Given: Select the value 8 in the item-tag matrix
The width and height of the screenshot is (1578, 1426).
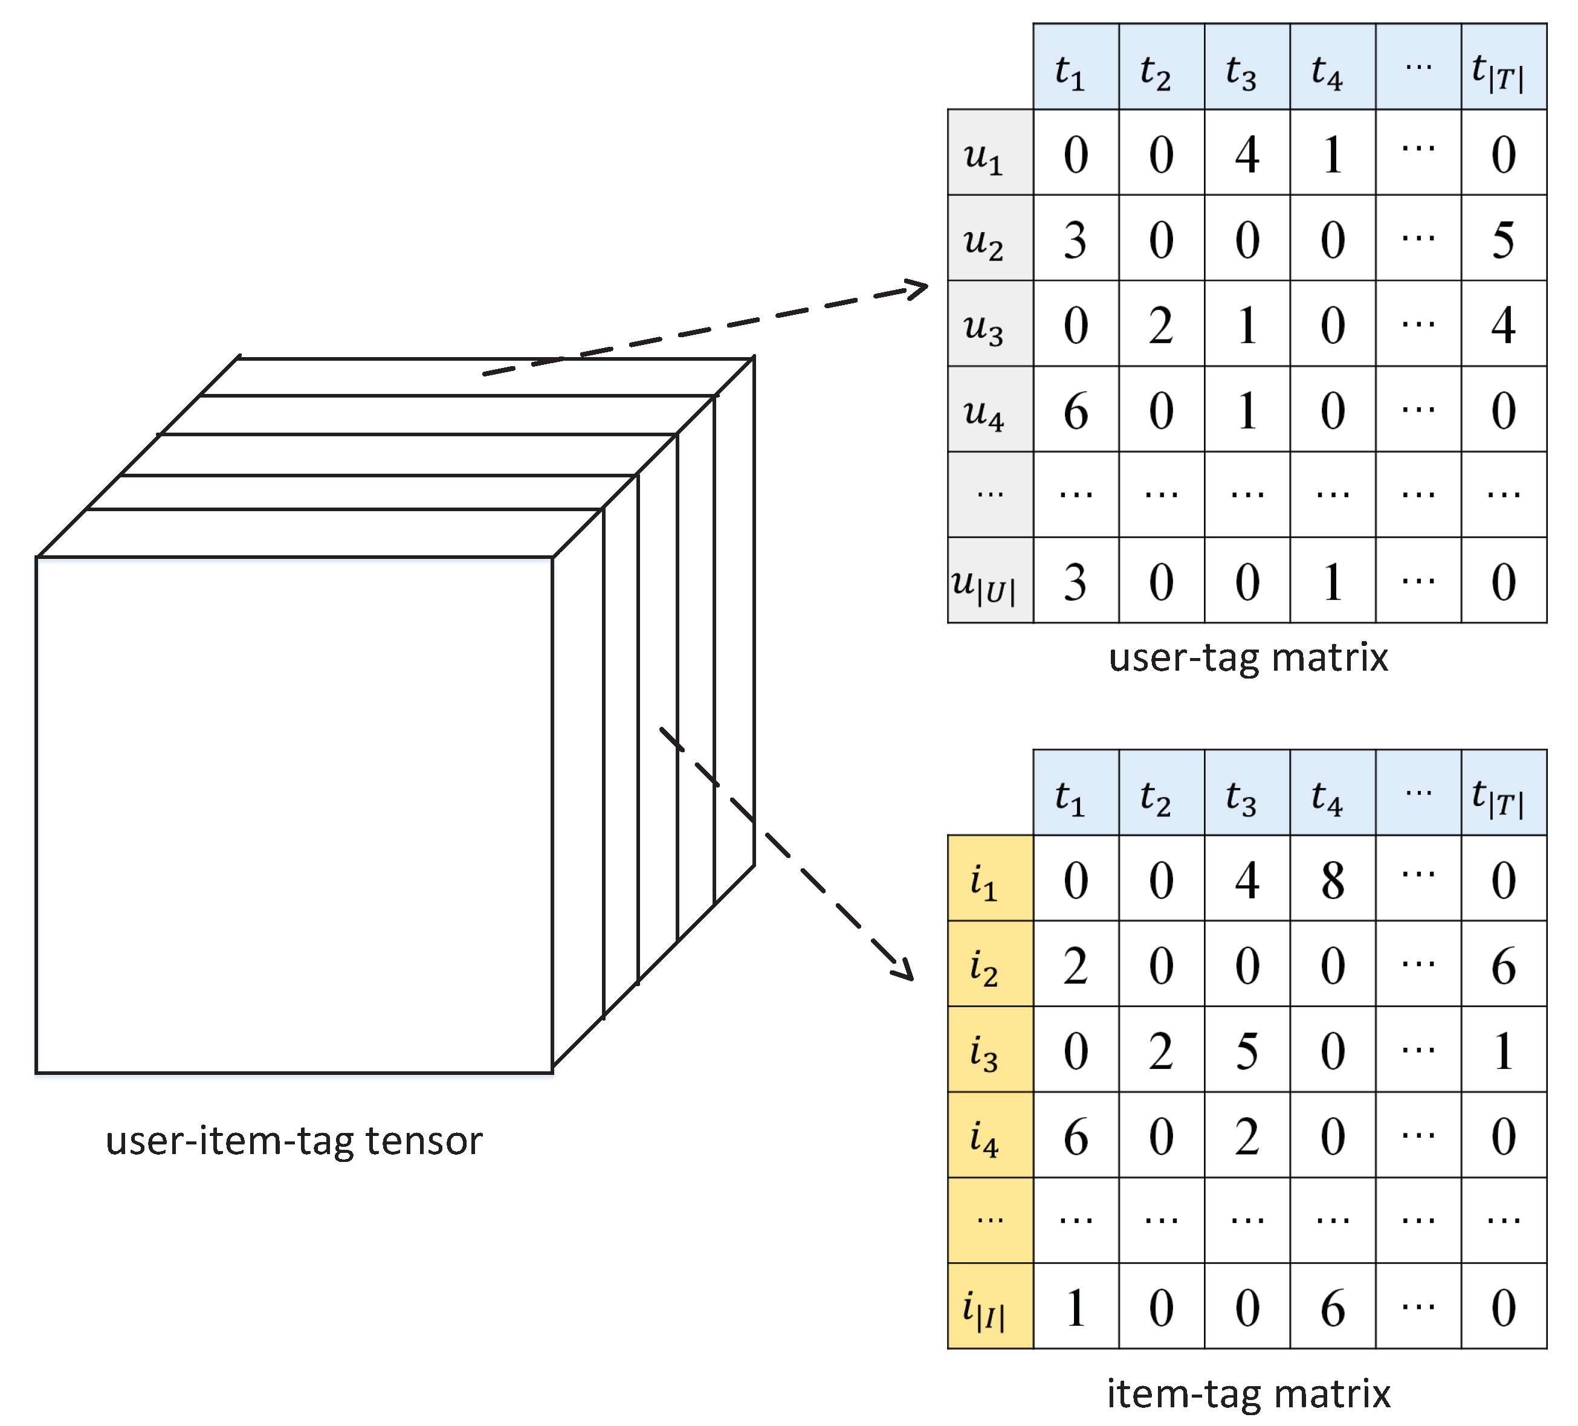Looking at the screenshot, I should coord(1332,880).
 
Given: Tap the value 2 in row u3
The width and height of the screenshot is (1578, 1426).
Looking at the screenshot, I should coord(1161,326).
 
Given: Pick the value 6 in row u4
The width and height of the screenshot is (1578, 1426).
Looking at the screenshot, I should coord(1076,411).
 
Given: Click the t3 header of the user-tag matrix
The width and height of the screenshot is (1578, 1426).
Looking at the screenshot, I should coord(1241,71).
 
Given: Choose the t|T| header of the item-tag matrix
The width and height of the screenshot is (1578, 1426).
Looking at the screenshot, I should coord(1498,797).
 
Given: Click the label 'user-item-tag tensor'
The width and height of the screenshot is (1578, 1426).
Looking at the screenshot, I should coord(294,1140).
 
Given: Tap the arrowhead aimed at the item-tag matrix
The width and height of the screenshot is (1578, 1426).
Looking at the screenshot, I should coord(905,971).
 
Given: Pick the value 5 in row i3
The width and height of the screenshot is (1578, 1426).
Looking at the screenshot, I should coord(1246,1051).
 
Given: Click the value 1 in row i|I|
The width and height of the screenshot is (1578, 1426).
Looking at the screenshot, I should coord(1076,1309).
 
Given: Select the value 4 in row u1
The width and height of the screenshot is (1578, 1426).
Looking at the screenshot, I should coord(1246,154).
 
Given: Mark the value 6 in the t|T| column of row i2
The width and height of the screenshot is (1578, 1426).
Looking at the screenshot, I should coord(1503,967).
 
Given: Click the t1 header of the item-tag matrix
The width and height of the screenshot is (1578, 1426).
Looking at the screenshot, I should coord(1069,797).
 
